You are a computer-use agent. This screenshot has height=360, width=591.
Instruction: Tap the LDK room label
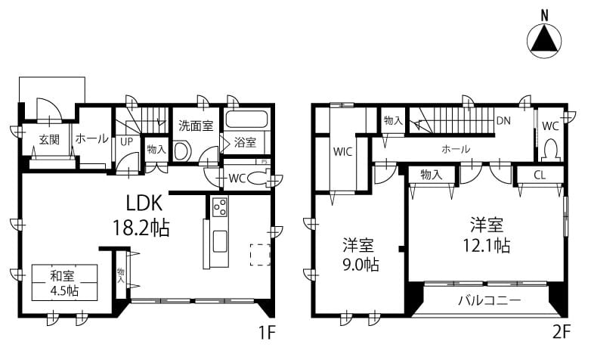coord(144,203)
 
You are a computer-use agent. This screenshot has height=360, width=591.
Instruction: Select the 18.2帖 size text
coord(141,228)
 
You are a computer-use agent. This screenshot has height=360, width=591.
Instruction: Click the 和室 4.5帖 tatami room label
coord(64,283)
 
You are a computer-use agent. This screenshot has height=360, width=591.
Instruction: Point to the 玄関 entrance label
coord(49,140)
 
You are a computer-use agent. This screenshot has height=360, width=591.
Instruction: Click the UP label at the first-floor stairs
coord(127,141)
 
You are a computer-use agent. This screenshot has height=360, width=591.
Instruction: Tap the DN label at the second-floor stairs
coord(503,121)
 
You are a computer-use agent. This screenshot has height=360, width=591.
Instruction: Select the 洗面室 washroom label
coord(196,126)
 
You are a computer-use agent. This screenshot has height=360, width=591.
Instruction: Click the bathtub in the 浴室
coord(247,119)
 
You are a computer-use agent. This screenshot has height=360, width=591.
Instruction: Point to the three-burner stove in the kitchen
coord(220,206)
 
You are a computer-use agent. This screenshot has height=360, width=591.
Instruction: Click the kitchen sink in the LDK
coord(220,241)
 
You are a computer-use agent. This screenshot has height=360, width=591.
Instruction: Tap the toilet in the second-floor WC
coord(551,150)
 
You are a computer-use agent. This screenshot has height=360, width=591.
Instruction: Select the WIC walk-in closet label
coord(342,152)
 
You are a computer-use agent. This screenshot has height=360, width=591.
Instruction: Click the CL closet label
coord(540,175)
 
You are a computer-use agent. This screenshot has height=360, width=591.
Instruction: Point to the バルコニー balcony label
coord(490,301)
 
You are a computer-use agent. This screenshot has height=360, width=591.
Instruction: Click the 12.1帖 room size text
coord(486,246)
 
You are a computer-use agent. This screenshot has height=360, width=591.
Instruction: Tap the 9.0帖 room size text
coord(360,265)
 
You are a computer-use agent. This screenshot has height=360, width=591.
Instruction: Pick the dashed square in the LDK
coord(261,255)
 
